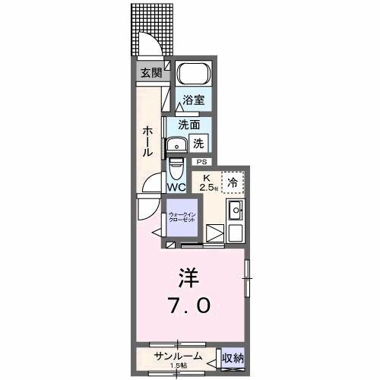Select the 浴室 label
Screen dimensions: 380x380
click(x=193, y=100)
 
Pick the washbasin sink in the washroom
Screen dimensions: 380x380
click(x=179, y=144)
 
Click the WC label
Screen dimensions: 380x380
click(x=176, y=187)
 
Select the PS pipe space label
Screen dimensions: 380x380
click(x=201, y=162)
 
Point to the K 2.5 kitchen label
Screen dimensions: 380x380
click(x=206, y=182)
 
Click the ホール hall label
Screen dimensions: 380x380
click(x=148, y=141)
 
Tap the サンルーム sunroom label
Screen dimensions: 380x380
click(x=179, y=356)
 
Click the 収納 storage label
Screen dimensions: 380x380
click(x=232, y=357)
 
